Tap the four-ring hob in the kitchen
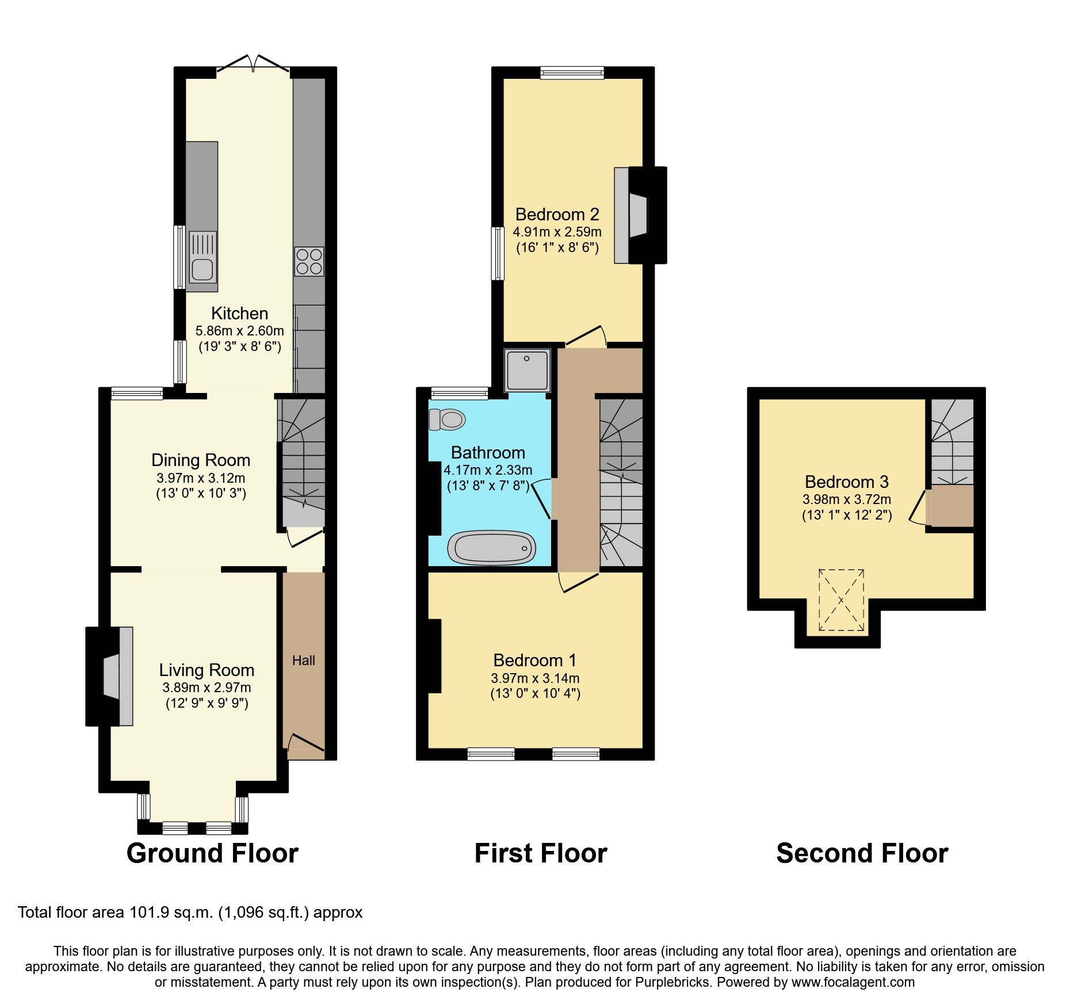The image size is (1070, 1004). [309, 262]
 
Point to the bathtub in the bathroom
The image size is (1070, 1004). [491, 548]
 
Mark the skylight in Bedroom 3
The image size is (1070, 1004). [842, 600]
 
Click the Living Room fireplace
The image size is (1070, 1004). [109, 676]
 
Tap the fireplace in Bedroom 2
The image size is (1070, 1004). [640, 215]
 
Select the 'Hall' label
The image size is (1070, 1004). [304, 661]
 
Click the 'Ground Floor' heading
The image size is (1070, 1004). [212, 853]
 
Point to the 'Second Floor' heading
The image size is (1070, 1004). [862, 853]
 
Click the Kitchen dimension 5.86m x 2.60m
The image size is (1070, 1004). [240, 331]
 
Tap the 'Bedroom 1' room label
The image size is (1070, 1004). [535, 660]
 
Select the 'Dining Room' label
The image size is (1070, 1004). [201, 460]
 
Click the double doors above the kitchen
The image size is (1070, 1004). [253, 64]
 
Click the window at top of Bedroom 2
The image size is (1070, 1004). [572, 72]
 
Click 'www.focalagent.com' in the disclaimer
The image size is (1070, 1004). [853, 982]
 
